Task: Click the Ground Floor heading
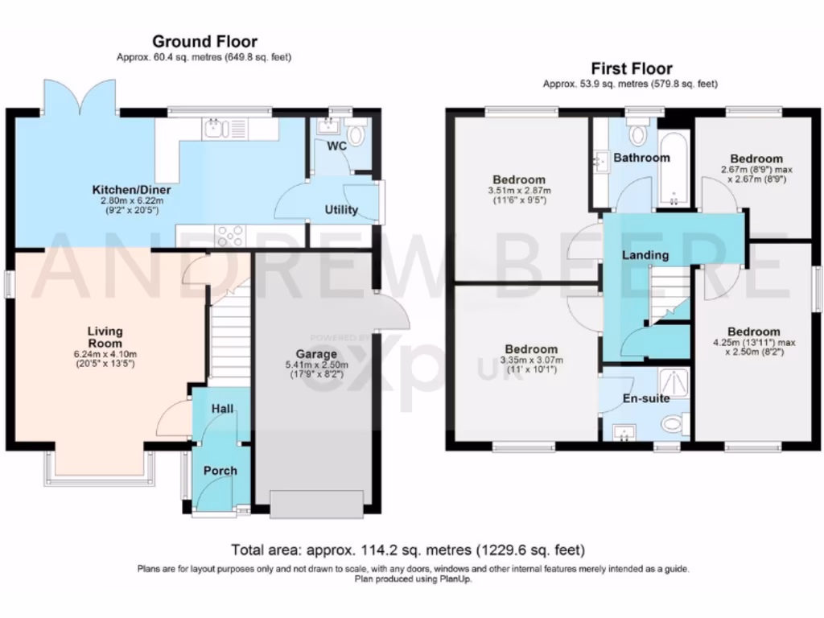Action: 204,41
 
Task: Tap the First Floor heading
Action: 632,68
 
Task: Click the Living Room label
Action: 105,336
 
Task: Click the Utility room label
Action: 340,210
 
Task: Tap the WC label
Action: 336,147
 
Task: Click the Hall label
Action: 222,409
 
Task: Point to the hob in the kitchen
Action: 232,236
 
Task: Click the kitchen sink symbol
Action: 216,128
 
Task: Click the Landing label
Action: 645,255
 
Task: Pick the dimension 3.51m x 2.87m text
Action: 519,191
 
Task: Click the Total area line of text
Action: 408,550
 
